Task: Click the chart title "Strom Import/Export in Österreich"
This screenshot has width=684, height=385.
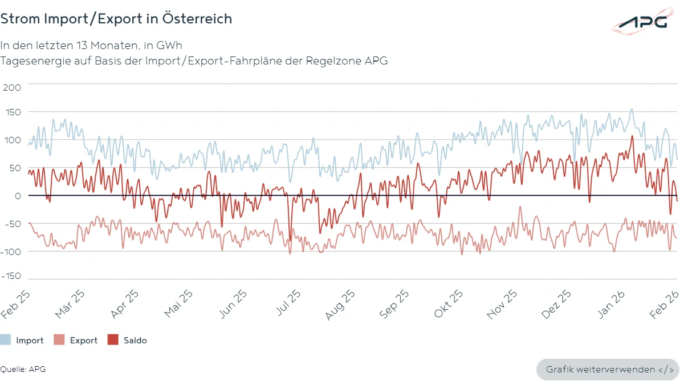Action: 116,19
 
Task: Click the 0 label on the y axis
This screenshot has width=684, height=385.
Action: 17,196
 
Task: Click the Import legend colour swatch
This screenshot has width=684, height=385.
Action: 5,341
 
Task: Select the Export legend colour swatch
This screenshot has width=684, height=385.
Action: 59,341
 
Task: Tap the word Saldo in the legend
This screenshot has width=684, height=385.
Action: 135,341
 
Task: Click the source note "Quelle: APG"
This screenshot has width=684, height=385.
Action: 23,369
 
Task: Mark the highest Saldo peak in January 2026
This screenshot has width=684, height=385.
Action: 632,136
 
